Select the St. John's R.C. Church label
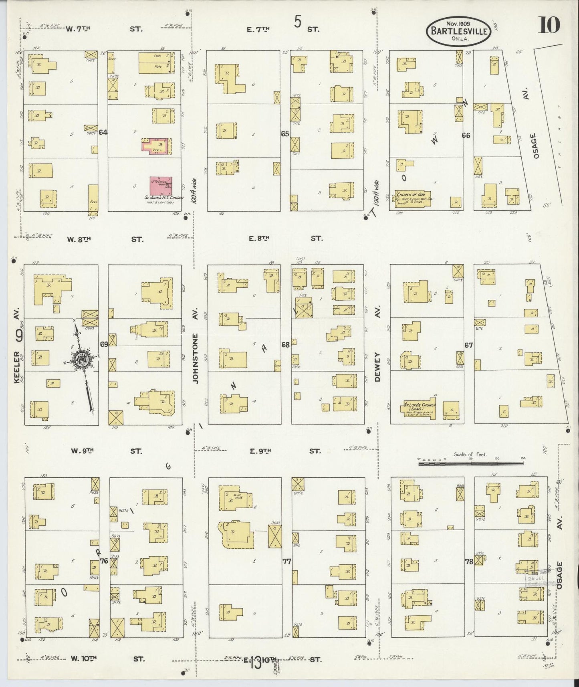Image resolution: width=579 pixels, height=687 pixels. [x=164, y=198]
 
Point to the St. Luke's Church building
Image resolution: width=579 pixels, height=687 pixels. [x=418, y=410]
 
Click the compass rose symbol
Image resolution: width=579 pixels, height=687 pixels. [x=83, y=360]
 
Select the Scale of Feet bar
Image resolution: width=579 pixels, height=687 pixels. [x=471, y=463]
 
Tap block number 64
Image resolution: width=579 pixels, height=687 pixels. [x=103, y=132]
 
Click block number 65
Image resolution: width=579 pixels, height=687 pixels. [x=285, y=134]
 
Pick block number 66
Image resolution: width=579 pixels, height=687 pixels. [x=466, y=135]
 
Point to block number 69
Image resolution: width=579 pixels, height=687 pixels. [x=104, y=344]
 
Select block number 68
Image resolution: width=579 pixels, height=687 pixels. [x=285, y=344]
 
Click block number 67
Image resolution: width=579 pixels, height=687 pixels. [x=468, y=345]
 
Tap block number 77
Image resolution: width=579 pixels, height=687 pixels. [x=286, y=562]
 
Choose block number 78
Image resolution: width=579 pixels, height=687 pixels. [x=469, y=562]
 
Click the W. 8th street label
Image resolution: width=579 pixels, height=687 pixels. [x=79, y=239]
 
